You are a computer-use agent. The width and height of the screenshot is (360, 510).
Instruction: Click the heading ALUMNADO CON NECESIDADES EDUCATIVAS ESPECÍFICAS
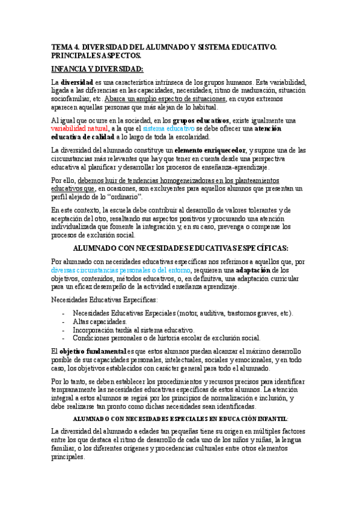(x=180, y=248)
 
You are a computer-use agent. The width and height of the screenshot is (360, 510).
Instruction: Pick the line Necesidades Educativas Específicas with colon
(x=105, y=300)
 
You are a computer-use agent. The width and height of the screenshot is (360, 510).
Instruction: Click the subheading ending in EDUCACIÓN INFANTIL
(x=180, y=417)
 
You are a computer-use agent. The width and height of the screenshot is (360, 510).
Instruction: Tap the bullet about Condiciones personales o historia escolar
(x=166, y=338)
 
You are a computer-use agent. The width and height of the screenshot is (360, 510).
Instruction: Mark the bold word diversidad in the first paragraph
(x=76, y=82)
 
